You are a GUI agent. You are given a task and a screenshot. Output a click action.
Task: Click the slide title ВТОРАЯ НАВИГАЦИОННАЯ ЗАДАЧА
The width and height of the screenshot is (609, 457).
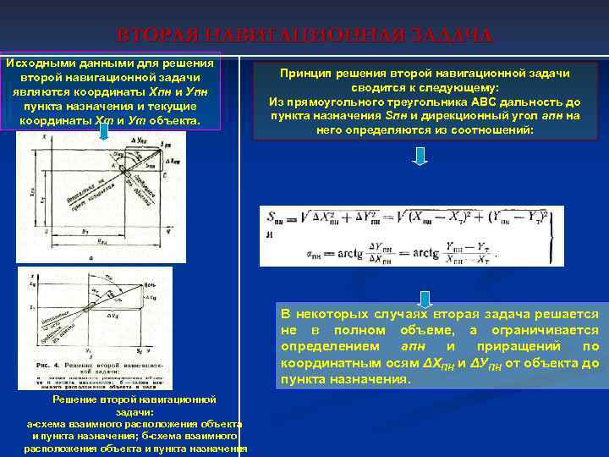(304, 36)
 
